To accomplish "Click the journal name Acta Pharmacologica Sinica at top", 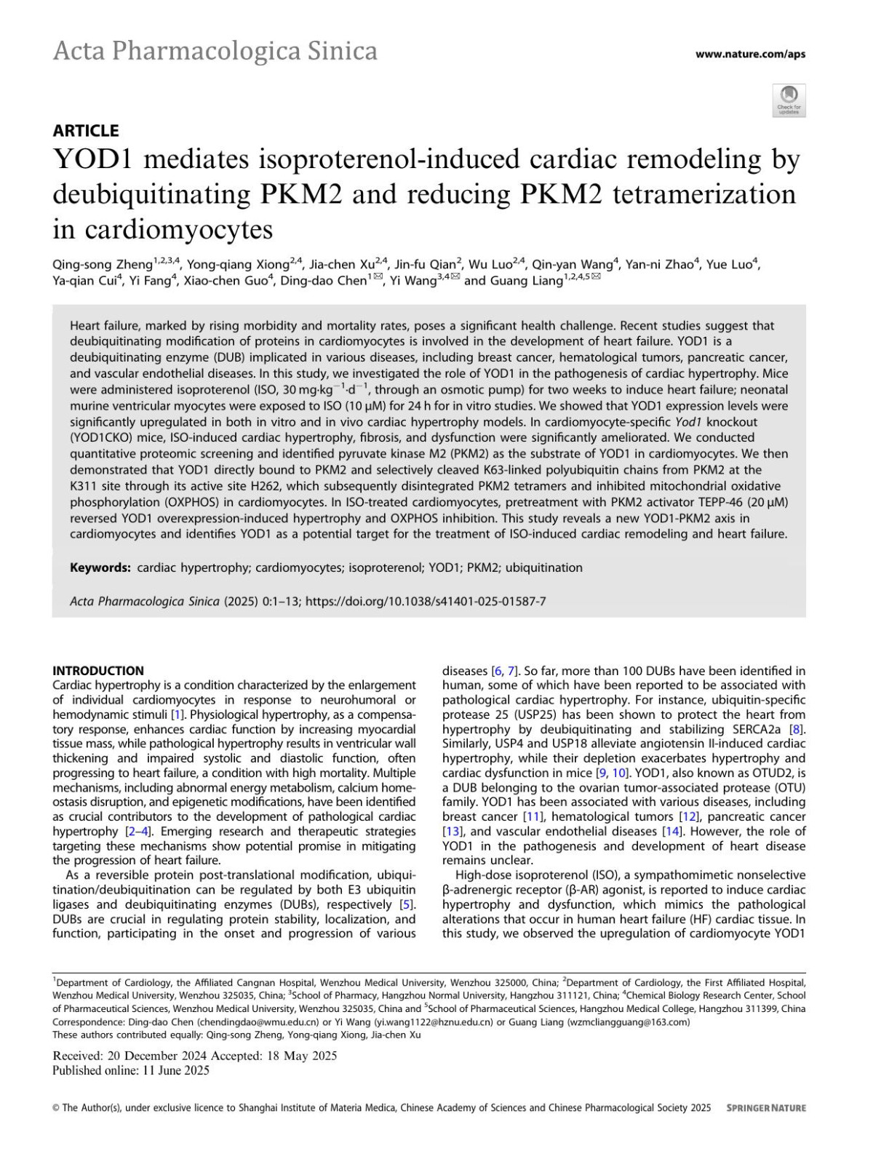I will tap(215, 52).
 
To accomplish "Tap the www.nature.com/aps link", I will tap(750, 54).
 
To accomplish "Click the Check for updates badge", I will tap(789, 100).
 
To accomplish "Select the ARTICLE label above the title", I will tap(86, 131).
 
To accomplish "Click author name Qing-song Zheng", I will tap(103, 265).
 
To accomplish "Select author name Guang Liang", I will tap(528, 281).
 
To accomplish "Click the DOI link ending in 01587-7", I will tap(426, 602).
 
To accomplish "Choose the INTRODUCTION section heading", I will tap(98, 671).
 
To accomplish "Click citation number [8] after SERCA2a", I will tap(797, 730).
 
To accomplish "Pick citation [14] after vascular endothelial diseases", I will tap(671, 832).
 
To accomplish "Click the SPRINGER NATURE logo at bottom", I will tap(766, 1108).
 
